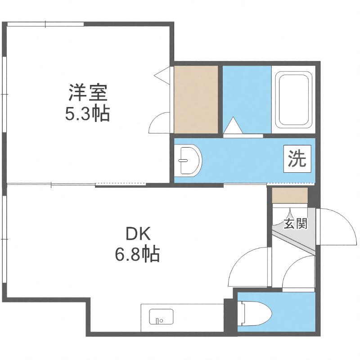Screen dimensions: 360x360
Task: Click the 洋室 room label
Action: pos(88,93)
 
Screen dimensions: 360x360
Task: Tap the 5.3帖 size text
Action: pos(87,114)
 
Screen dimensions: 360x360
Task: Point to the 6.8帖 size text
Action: pos(137,254)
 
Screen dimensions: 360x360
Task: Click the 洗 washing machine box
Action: pos(297,159)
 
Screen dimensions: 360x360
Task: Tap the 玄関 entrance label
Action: pos(295,224)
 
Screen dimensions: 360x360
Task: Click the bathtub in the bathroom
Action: pos(294,99)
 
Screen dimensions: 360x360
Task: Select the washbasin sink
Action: pos(188,161)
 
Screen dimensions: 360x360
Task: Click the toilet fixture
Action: pos(255,314)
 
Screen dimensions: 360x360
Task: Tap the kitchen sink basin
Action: pos(161,317)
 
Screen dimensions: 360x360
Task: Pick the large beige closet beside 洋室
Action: pos(196,99)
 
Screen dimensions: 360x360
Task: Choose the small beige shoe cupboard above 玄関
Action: pos(290,195)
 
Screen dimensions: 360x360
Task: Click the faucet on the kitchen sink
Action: pos(157,321)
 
